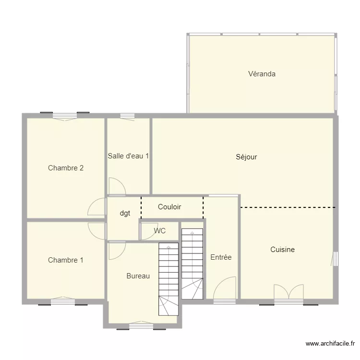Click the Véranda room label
(x=262, y=74)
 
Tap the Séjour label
(x=246, y=157)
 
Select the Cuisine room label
(x=282, y=250)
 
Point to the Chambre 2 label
(x=66, y=168)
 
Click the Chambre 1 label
(x=66, y=260)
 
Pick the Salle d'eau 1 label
(x=128, y=156)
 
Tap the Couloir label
(x=169, y=207)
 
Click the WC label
(x=160, y=231)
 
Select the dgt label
(x=125, y=214)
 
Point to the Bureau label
(x=138, y=276)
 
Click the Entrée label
(x=221, y=257)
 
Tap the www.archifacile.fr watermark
(x=330, y=344)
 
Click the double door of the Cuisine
(x=288, y=292)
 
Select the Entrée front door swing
(x=225, y=288)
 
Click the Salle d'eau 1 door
(x=117, y=187)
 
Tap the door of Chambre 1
(x=97, y=230)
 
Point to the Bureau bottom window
(x=141, y=326)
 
